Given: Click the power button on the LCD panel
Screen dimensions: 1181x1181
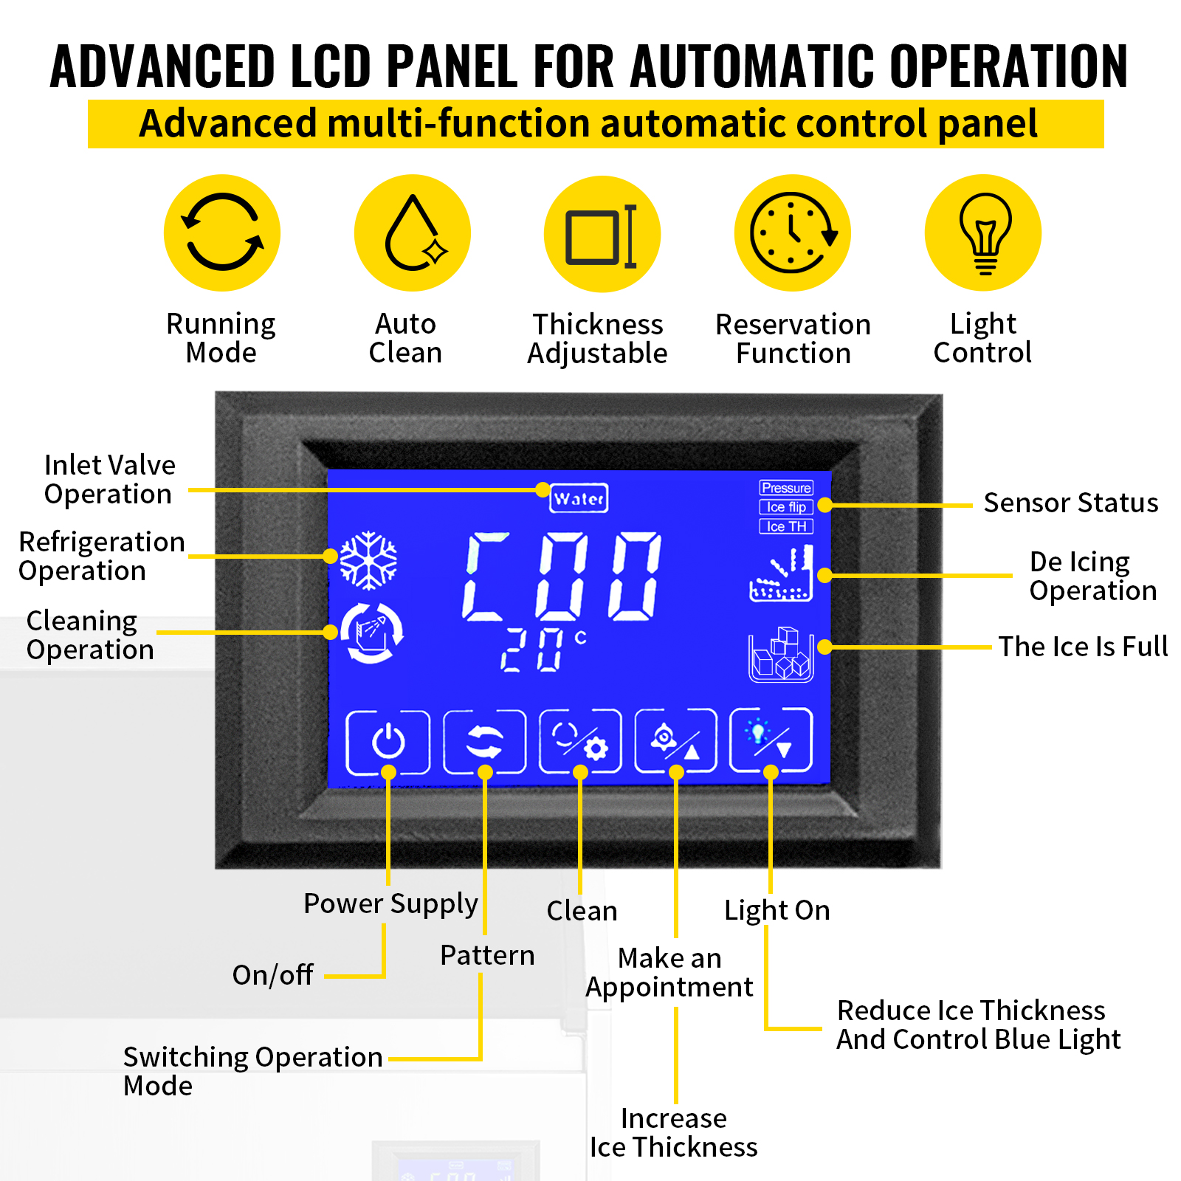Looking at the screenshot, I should click(388, 742).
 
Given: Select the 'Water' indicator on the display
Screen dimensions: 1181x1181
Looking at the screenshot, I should click(579, 499).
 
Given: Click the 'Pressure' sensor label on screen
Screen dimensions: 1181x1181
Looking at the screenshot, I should click(786, 488).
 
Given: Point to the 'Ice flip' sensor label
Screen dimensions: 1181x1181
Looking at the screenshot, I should click(786, 507).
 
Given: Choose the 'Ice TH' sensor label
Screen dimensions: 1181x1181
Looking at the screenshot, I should click(786, 526).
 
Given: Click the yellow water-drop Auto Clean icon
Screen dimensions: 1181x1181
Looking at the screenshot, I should click(413, 233).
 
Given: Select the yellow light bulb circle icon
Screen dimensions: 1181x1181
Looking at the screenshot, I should click(983, 233).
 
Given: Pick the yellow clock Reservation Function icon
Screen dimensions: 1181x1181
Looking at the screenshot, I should click(793, 233).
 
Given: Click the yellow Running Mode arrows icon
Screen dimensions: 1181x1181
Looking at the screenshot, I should click(222, 233).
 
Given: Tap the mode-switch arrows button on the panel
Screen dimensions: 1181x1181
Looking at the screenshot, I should click(484, 742).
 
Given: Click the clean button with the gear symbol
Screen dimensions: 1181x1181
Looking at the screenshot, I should click(580, 742).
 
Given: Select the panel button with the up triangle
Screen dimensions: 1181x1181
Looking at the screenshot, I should click(675, 742).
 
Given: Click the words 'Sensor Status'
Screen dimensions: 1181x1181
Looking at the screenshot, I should click(1071, 503).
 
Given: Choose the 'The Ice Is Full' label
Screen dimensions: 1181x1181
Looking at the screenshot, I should click(1083, 647).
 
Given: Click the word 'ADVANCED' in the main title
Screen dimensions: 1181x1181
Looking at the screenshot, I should click(163, 66).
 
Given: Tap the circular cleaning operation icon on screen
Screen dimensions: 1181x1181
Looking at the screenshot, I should click(371, 633).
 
